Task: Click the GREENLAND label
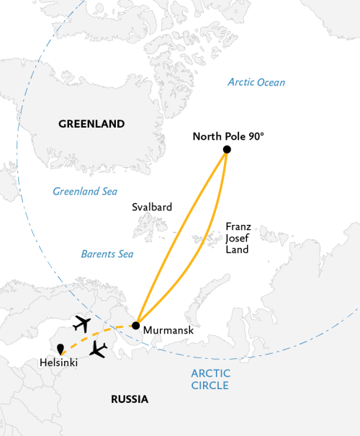pyautogui.click(x=91, y=124)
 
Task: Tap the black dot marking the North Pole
pyautogui.click(x=227, y=149)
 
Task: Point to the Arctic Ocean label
pyautogui.click(x=256, y=82)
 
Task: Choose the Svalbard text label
pyautogui.click(x=152, y=207)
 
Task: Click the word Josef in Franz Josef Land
pyautogui.click(x=237, y=237)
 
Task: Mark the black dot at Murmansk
pyautogui.click(x=136, y=326)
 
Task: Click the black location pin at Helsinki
pyautogui.click(x=60, y=349)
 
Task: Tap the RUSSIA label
pyautogui.click(x=130, y=399)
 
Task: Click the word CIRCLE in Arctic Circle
pyautogui.click(x=210, y=386)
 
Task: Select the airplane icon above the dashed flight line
pyautogui.click(x=83, y=323)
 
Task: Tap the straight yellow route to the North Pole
pyautogui.click(x=181, y=238)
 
